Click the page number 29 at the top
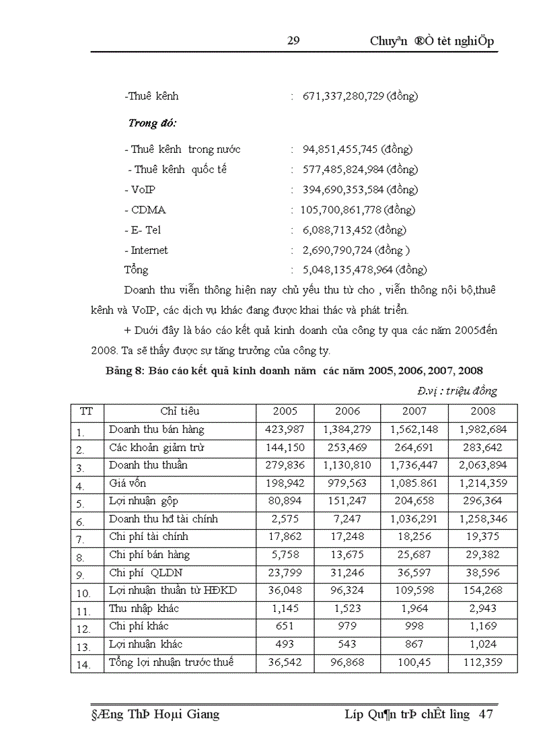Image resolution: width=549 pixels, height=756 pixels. point(293,41)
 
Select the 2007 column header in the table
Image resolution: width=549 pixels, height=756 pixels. point(414,411)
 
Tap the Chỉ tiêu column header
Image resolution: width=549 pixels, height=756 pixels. point(180,411)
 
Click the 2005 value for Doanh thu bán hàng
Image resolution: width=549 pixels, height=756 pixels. point(285,429)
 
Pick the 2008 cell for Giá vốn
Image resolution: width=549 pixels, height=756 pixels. point(483,483)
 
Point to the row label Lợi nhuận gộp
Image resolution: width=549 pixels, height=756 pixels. point(144,501)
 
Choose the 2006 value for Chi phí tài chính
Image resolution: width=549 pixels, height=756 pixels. point(347,537)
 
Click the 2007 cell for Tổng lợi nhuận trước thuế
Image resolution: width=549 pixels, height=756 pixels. point(414,663)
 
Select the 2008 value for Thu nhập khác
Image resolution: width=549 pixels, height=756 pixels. point(483,609)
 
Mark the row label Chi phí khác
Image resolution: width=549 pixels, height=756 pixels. point(139,627)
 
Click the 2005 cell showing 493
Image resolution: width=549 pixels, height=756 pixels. point(285,645)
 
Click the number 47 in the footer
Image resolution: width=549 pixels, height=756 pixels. point(486,714)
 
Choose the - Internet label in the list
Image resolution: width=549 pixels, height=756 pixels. point(146,250)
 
